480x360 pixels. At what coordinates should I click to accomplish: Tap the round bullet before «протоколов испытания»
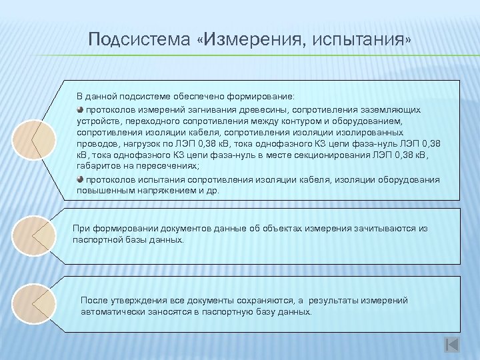click(x=79, y=179)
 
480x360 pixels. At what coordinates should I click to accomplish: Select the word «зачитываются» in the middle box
click(x=375, y=228)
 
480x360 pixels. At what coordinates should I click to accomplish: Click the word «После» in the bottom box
click(x=93, y=301)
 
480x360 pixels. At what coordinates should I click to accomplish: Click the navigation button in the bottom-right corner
click(x=451, y=344)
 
